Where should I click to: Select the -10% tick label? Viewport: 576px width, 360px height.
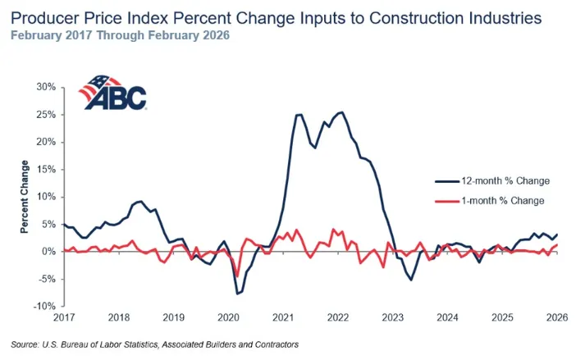(43, 307)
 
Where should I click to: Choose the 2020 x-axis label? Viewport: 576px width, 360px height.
(228, 317)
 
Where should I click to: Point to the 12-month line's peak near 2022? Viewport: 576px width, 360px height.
(341, 112)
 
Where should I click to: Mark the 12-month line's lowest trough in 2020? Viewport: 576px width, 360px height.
(237, 294)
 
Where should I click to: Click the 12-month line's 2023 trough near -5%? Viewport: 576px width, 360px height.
(411, 280)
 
